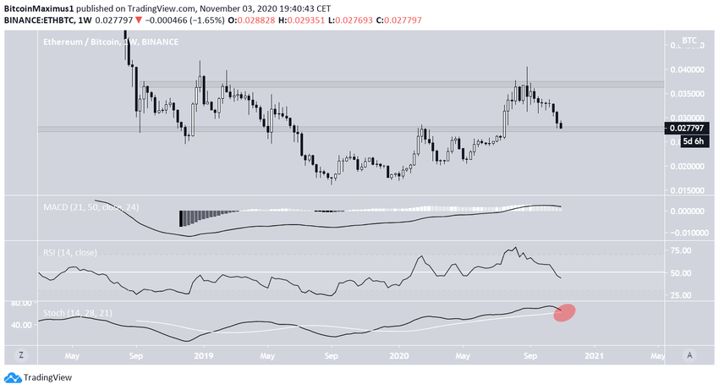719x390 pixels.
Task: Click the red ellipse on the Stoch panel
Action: (x=565, y=312)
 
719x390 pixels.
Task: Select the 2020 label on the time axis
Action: (x=397, y=356)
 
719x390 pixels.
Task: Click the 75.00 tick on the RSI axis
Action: (x=682, y=250)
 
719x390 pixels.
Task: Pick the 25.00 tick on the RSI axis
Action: (x=682, y=295)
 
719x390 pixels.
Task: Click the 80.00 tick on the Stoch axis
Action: (x=21, y=303)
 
